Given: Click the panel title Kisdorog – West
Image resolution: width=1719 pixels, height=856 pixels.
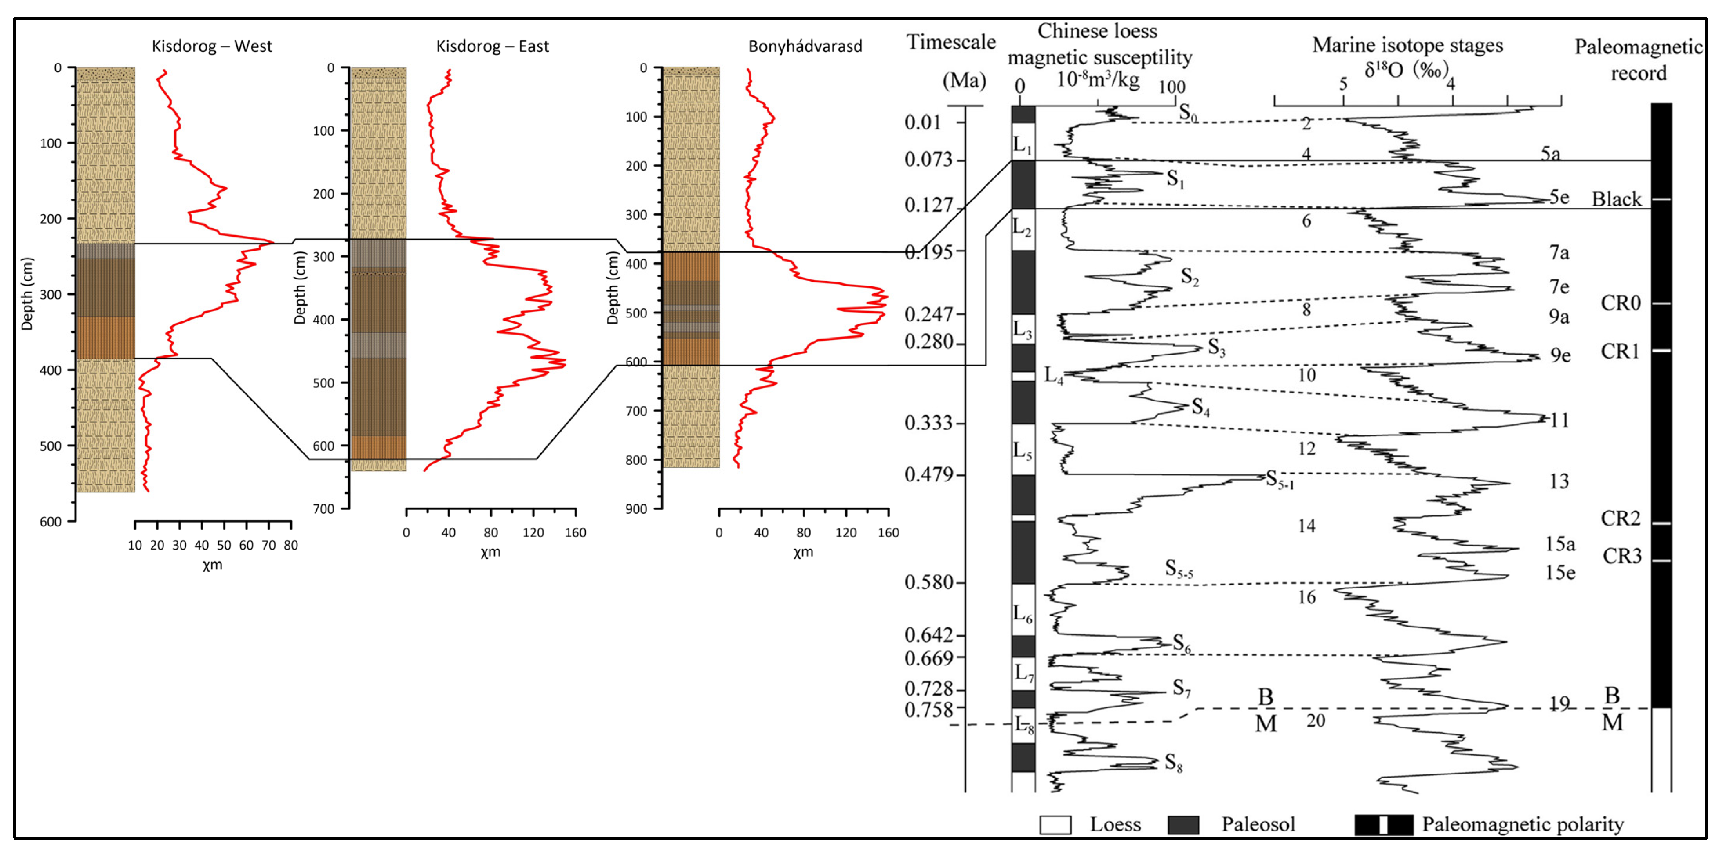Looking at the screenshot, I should [x=212, y=46].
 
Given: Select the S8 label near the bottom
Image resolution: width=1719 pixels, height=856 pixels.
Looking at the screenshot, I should [x=1173, y=763].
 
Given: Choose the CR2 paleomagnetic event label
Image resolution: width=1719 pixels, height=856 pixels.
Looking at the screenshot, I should [x=1620, y=518].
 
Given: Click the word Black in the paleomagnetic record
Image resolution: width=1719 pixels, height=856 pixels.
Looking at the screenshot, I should [x=1616, y=199].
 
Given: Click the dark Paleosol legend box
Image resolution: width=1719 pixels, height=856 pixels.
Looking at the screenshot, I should [x=1183, y=825].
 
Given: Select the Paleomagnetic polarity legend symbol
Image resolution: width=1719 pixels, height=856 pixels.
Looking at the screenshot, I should [x=1384, y=825].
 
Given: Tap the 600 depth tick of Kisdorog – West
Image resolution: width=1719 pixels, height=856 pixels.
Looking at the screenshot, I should [x=50, y=521].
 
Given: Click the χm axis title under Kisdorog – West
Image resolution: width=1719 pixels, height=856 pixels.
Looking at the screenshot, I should [x=212, y=565].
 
